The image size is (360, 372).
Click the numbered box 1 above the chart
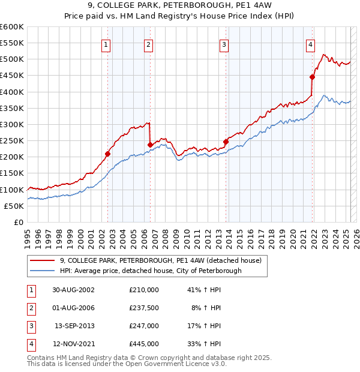[x=106, y=44]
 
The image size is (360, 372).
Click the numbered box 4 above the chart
[x=311, y=44]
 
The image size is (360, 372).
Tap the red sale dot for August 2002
[x=108, y=154]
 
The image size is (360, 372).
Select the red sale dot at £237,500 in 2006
[x=150, y=145]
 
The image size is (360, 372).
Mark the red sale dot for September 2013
[x=226, y=142]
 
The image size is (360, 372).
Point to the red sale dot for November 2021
[x=313, y=77]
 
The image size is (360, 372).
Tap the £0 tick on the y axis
[x=18, y=223]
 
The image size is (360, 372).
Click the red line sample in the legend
[x=42, y=261]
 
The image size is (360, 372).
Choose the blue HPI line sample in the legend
[x=42, y=271]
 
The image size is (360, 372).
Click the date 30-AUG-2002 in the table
[x=74, y=290]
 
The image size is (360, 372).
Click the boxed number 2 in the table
[x=31, y=308]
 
